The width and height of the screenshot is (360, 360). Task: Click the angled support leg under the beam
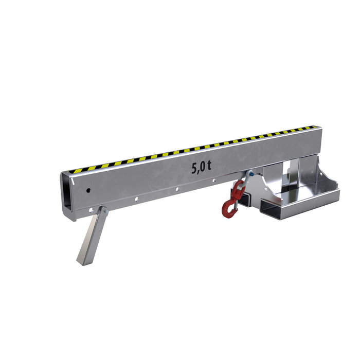(x=92, y=236)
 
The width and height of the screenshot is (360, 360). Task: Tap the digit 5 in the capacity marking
(x=194, y=168)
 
